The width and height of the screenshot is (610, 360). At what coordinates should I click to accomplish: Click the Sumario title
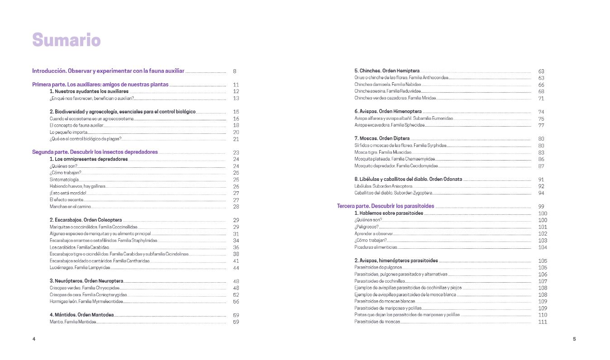[66, 40]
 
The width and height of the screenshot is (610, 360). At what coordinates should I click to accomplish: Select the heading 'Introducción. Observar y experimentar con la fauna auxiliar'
[108, 71]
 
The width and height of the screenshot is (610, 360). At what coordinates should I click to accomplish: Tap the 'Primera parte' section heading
[100, 85]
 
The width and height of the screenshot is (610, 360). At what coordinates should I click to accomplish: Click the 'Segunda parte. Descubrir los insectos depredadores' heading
[95, 152]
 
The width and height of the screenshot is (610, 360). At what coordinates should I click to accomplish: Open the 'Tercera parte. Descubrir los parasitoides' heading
[379, 206]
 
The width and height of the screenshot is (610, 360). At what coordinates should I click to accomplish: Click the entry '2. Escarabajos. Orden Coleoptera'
[86, 220]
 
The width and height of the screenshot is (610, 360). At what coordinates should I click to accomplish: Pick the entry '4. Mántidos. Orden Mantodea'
[81, 315]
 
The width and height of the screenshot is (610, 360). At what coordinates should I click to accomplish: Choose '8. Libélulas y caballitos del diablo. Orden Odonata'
[408, 179]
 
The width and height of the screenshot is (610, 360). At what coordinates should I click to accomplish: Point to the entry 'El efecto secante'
[67, 200]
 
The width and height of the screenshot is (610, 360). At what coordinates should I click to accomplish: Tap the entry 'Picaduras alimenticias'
[376, 247]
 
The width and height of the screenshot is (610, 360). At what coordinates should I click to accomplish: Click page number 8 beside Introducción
[235, 71]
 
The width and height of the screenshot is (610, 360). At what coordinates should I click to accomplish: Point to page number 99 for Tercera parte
[541, 207]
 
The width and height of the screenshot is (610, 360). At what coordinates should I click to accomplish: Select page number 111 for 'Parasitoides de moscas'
[543, 322]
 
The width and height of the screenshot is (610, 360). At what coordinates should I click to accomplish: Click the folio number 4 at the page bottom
[33, 339]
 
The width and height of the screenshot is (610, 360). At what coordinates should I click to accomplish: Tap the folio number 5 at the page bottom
[574, 339]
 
